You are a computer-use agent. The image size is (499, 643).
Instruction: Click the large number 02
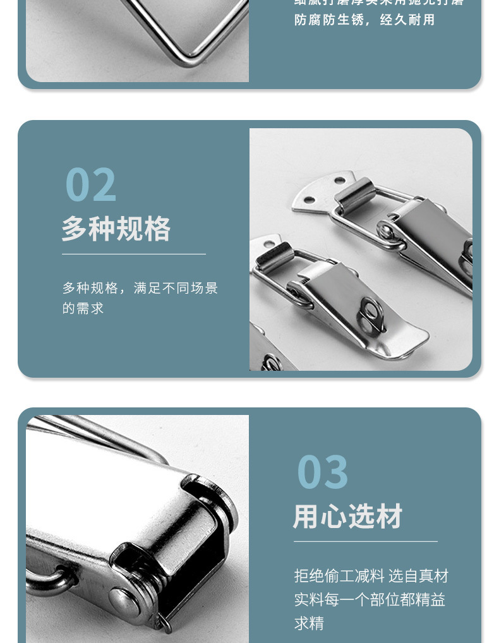point(91,184)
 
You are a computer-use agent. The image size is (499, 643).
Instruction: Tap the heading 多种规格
point(116,229)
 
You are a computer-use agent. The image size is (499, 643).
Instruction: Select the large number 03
point(322,472)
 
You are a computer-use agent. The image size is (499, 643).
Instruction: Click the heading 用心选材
point(348,516)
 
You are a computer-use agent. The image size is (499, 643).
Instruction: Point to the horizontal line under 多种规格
point(133,254)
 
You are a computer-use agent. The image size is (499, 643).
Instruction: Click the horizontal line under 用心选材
point(365,541)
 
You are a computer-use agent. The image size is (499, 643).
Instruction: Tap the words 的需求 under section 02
point(83,309)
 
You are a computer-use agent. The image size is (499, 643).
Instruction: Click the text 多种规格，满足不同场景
point(140,288)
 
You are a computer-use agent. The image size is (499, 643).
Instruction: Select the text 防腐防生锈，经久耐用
point(365,20)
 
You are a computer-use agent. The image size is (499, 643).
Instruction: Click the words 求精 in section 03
point(309,623)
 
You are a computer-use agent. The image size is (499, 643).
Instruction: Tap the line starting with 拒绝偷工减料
point(371,575)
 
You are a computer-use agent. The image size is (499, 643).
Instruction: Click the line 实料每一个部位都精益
point(370,599)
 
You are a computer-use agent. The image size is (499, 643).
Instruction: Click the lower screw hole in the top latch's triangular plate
point(309,201)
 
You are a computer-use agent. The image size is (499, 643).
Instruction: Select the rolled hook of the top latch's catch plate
point(355,193)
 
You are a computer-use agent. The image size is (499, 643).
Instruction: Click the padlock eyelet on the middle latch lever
point(371,314)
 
